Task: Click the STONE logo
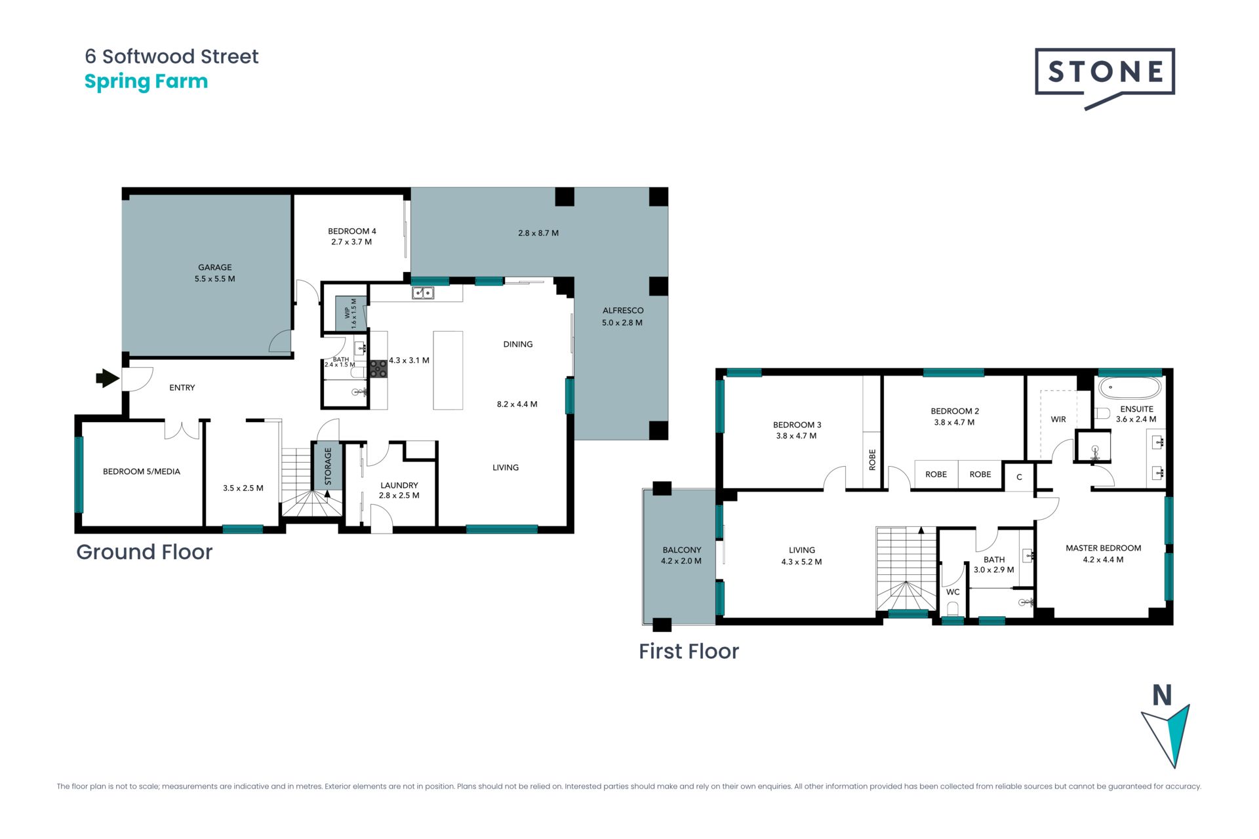pos(1105,78)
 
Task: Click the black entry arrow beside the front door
pos(108,378)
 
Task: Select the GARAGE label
pos(215,267)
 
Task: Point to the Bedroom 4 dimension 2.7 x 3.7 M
pos(351,242)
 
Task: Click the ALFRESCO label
pos(623,311)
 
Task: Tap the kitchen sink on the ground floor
pos(423,293)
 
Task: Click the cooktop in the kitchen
pos(378,369)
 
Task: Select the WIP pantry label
pos(348,313)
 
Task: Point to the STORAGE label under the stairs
pos(328,466)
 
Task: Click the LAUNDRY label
pos(399,486)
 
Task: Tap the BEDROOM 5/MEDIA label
pos(142,471)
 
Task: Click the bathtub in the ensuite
pos(1130,387)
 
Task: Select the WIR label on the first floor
pos(1058,419)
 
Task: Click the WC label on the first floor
pos(953,592)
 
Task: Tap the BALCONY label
pos(682,550)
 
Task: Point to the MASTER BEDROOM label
pos(1104,548)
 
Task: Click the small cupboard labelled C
pos(1019,477)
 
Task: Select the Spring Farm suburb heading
pos(146,82)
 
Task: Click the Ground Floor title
pos(144,552)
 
